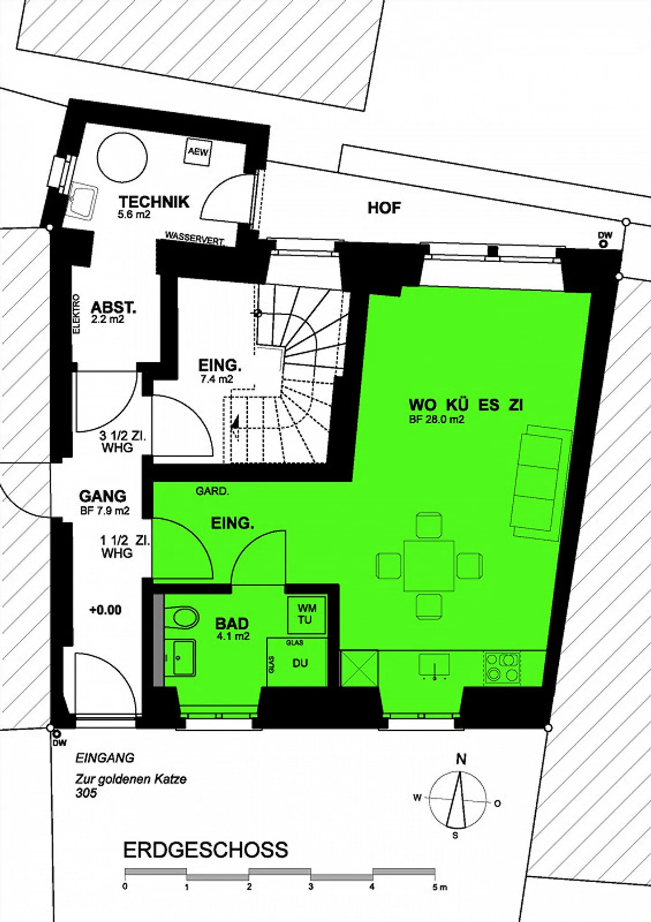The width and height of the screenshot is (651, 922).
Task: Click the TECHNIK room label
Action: tap(154, 201)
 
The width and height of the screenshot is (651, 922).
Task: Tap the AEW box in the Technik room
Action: tap(198, 151)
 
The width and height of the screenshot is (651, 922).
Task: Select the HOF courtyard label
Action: tap(384, 208)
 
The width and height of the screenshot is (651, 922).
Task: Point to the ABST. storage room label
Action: tap(113, 307)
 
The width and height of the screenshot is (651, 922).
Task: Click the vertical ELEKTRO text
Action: tap(76, 314)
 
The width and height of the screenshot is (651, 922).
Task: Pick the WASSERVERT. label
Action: tap(194, 238)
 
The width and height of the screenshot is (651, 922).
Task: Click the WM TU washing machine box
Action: tap(307, 615)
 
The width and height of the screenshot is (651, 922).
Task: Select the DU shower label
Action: tap(300, 663)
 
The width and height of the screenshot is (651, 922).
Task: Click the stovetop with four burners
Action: tap(502, 667)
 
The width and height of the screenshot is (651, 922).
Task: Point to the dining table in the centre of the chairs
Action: tap(429, 565)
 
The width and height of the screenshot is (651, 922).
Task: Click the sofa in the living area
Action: tap(542, 482)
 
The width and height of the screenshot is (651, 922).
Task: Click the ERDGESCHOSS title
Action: tap(206, 851)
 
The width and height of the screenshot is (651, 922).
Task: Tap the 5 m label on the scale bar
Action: tap(439, 887)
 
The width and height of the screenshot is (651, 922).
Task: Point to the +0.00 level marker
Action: tap(105, 610)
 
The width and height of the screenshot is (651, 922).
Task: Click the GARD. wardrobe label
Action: tap(212, 491)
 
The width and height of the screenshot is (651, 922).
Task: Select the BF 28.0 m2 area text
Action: tap(436, 419)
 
